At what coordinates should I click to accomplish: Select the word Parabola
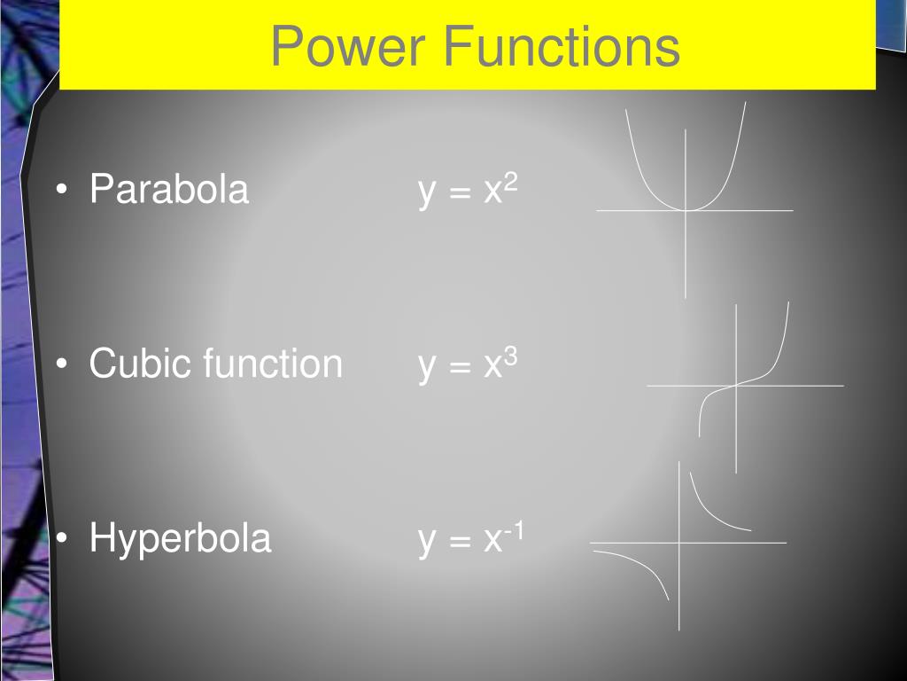pos(169,190)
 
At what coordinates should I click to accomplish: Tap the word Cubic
pos(142,364)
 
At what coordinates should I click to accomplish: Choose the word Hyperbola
pos(180,538)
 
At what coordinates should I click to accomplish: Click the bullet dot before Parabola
pos(61,191)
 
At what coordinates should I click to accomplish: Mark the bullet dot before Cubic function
pos(61,365)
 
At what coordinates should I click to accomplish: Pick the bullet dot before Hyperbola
pos(61,539)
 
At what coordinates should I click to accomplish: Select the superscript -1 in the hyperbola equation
pos(515,529)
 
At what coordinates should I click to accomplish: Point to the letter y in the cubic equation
pos(428,368)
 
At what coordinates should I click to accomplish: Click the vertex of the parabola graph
pos(686,210)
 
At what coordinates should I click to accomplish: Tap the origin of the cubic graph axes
pos(736,386)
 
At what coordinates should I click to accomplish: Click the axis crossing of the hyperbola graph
pos(679,542)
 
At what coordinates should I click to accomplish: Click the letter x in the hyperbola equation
pos(492,541)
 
